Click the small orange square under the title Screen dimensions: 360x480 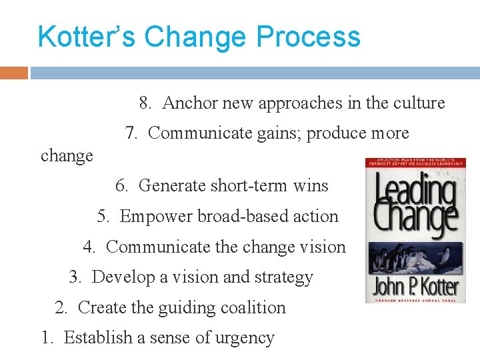coord(14,73)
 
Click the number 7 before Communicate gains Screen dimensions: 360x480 coord(131,133)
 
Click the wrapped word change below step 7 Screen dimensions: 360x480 coord(67,156)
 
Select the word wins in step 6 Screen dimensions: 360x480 coord(311,185)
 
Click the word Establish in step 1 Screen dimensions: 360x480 coord(98,337)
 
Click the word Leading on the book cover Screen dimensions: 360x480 coord(415,191)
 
